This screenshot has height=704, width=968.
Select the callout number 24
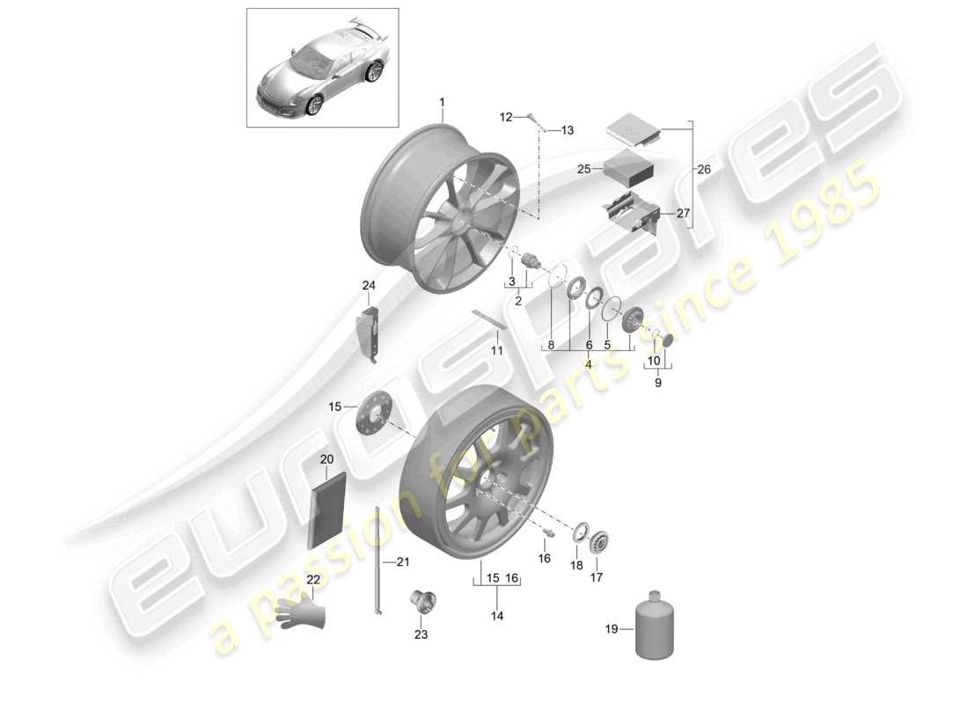[x=368, y=284]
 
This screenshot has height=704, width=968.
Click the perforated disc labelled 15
[x=375, y=412]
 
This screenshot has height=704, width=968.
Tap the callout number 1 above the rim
[x=442, y=104]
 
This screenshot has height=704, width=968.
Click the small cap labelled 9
[x=668, y=341]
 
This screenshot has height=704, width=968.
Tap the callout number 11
[x=497, y=349]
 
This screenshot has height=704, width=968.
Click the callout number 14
[x=497, y=617]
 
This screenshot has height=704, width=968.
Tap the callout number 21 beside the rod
[x=402, y=562]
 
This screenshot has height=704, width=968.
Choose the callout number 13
[x=567, y=130]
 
